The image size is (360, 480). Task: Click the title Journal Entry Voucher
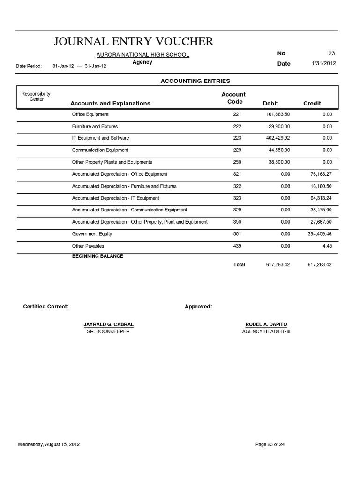(134, 42)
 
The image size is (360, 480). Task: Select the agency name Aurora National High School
(142, 55)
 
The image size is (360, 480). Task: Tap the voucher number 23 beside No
(331, 53)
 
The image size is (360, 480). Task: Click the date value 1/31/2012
(323, 63)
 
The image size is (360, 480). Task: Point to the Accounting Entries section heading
(195, 81)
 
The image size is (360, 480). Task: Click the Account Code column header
(234, 98)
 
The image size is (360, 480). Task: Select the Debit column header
(270, 103)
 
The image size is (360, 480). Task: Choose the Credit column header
(312, 103)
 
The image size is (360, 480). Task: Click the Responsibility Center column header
(36, 97)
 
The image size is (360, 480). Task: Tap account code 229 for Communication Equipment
(237, 150)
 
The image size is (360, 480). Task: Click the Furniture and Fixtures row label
(95, 127)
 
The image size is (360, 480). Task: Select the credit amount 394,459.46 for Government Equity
(319, 234)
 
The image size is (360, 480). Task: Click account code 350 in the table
(237, 222)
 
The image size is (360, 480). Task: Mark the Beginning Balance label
(97, 256)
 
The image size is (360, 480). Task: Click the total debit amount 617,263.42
(277, 265)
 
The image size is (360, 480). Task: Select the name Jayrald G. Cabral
(108, 324)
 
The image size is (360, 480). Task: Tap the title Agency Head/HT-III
(266, 331)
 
